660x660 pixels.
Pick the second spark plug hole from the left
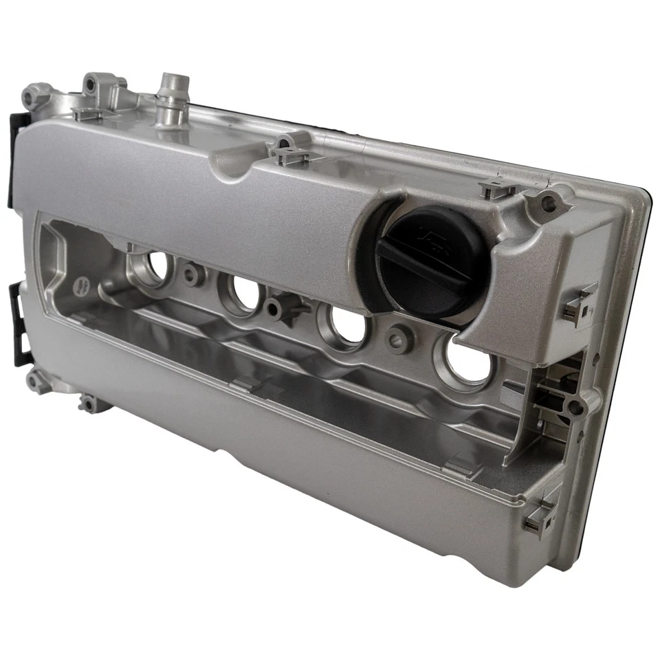click(x=245, y=291)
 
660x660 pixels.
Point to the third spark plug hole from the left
click(x=347, y=324)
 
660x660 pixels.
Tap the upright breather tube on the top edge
click(x=172, y=100)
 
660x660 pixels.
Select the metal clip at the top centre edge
click(x=289, y=151)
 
